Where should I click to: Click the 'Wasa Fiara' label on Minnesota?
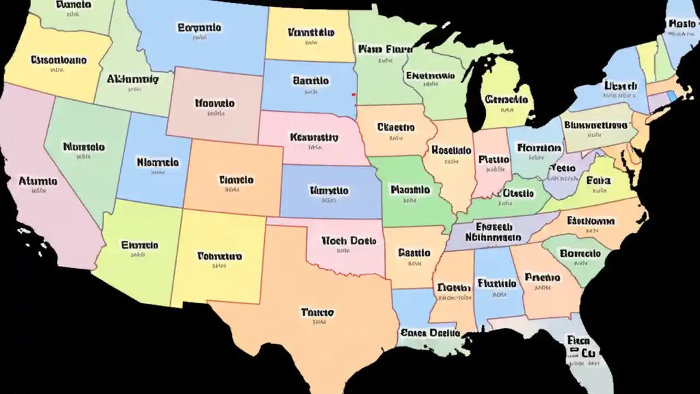tap(385, 49)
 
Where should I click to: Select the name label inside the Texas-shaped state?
tap(317, 312)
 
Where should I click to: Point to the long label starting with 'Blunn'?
tap(595, 125)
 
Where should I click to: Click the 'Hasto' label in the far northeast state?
tap(681, 24)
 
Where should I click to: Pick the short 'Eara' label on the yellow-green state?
tap(598, 180)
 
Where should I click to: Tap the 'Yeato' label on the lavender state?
tap(563, 167)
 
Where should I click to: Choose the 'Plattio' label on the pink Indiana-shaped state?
tap(493, 160)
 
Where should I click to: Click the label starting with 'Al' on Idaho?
tap(132, 79)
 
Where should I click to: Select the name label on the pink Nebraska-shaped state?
tap(314, 137)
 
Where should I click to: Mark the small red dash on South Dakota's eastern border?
tap(354, 95)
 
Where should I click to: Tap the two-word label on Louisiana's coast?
tap(429, 332)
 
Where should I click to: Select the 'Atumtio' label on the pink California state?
tap(38, 181)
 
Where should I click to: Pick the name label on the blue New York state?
tap(621, 86)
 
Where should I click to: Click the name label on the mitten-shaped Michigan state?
tap(506, 100)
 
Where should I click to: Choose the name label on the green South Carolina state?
tap(580, 253)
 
